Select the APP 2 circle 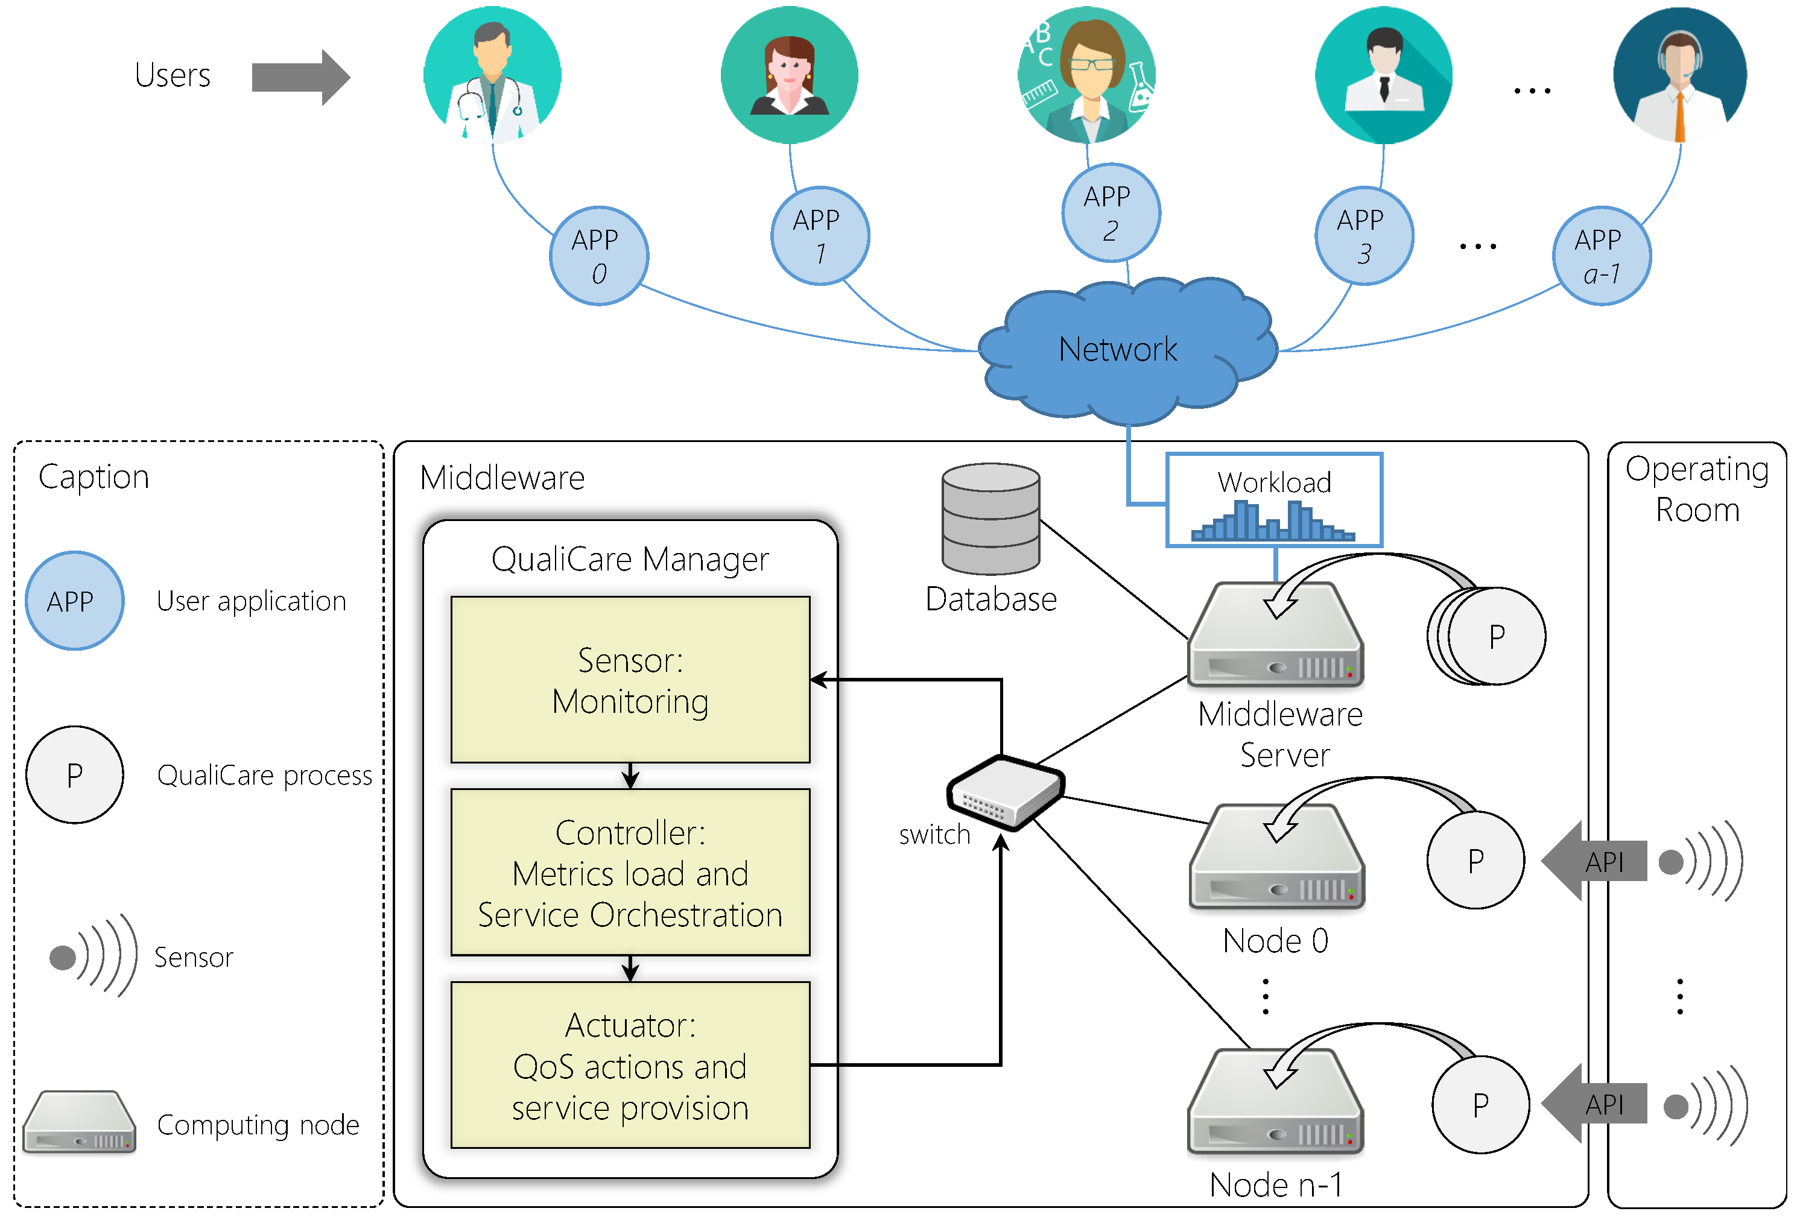[x=1111, y=213]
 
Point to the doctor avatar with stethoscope [x=493, y=76]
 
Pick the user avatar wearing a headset [x=1679, y=76]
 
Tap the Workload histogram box [x=1273, y=500]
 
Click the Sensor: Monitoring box [x=630, y=680]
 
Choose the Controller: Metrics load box [x=630, y=872]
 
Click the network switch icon [x=1005, y=792]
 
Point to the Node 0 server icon [x=1276, y=858]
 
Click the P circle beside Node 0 [x=1475, y=860]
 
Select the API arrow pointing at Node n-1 [x=1593, y=1104]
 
